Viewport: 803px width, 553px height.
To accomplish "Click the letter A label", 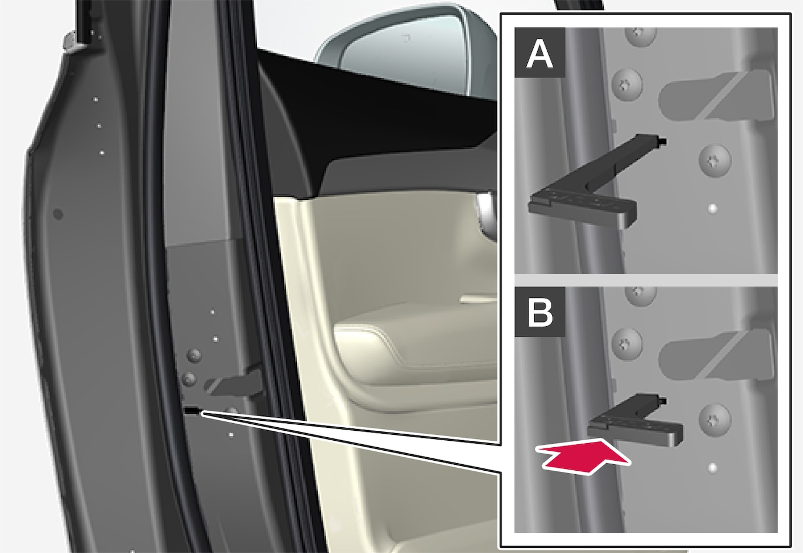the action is point(540,52).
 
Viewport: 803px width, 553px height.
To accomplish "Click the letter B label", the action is point(540,312).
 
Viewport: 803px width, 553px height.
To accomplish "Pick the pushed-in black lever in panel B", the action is point(634,421).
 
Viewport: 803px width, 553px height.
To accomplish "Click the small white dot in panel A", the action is point(712,208).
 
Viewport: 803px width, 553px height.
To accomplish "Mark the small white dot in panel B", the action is point(712,468).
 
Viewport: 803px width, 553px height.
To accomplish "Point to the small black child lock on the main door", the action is point(192,411).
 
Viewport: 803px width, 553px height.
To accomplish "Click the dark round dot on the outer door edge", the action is point(58,215).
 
